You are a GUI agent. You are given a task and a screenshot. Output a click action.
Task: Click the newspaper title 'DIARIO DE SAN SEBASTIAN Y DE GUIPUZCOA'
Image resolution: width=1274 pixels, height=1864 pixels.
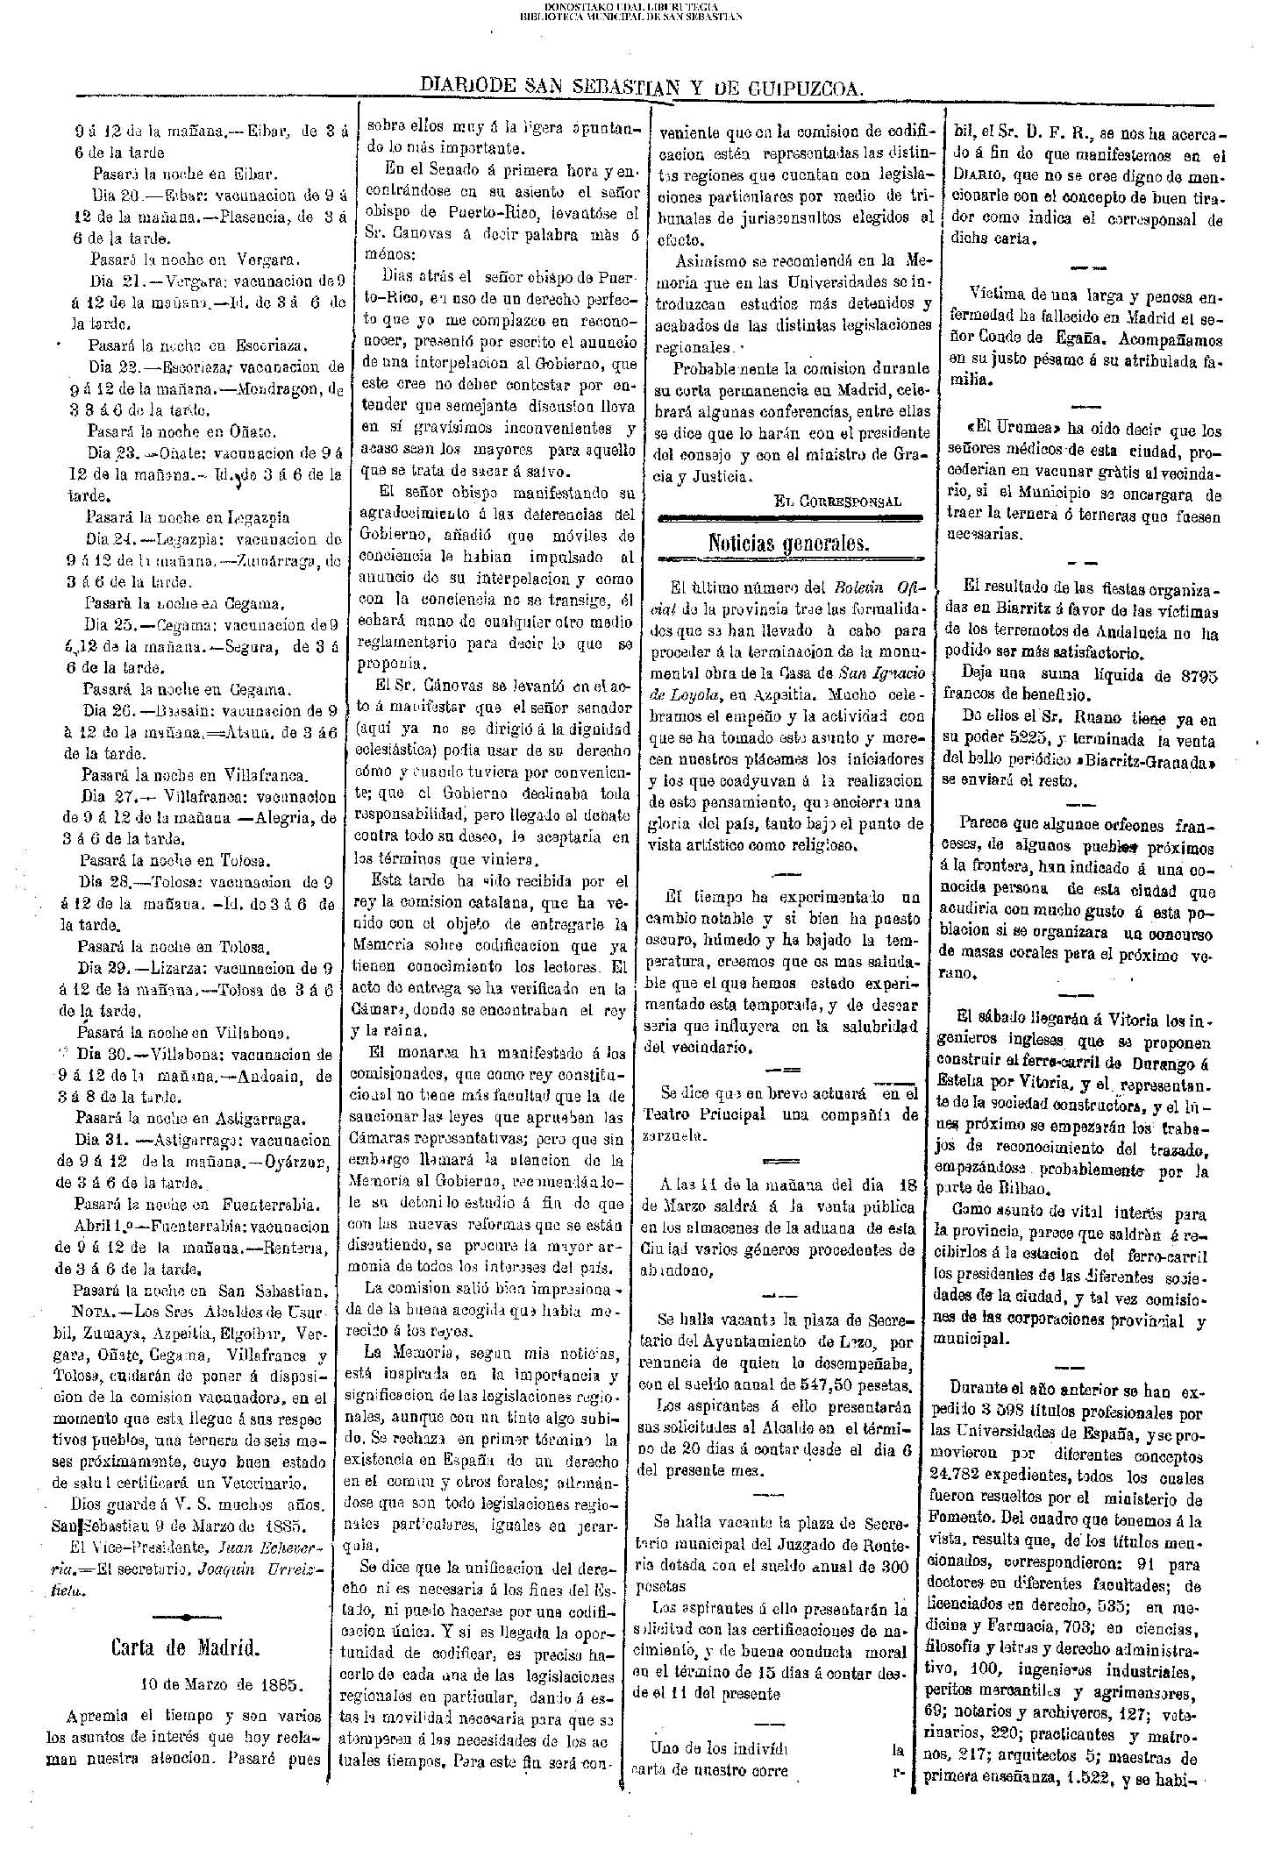(643, 86)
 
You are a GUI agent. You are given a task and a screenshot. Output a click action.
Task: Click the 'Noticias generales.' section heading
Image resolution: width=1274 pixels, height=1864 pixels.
(788, 544)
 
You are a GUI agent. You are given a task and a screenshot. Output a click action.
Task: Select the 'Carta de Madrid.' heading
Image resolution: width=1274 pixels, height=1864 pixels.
(185, 1646)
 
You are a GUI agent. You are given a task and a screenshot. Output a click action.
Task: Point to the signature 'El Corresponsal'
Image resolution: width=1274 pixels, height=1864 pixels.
(837, 501)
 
